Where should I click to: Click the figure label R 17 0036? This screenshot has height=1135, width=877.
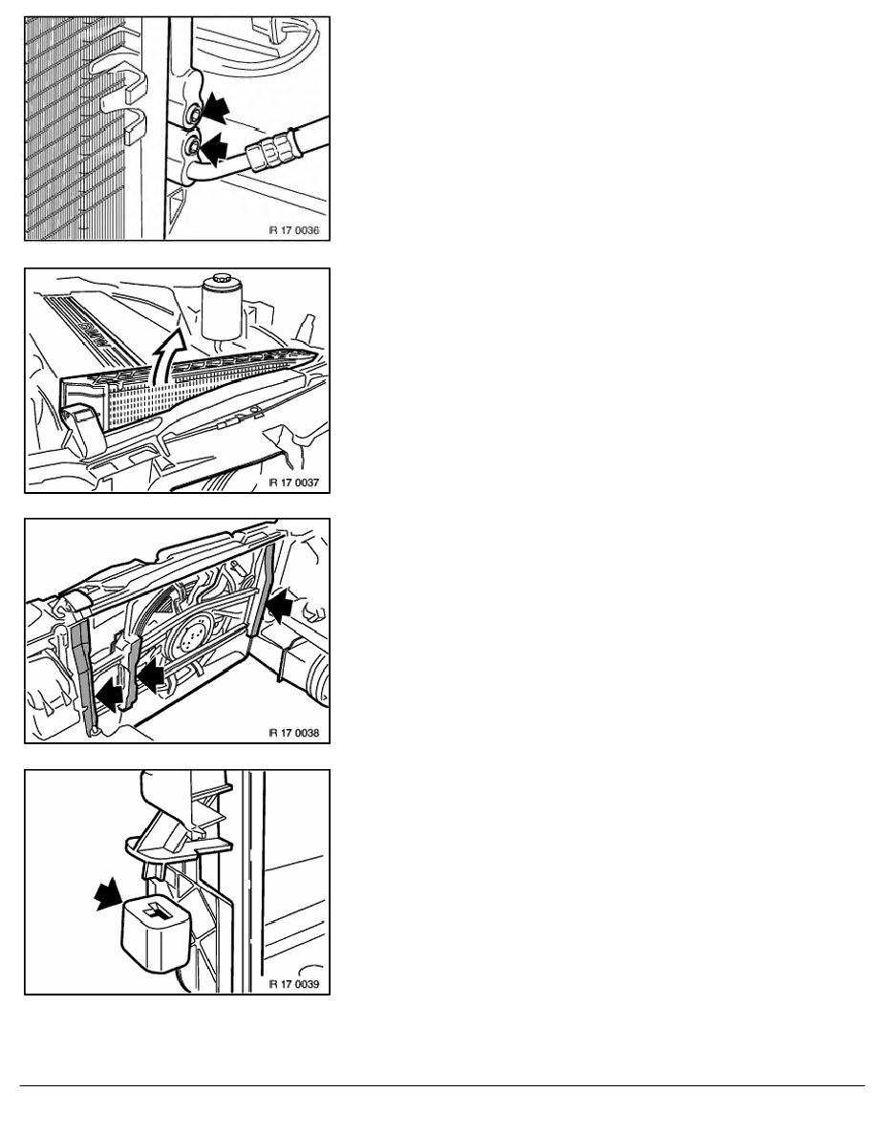tap(294, 231)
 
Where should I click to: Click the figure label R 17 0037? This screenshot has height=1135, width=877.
tap(294, 482)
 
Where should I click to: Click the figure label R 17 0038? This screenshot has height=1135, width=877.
tap(294, 733)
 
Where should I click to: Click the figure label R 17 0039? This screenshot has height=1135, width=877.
tap(294, 984)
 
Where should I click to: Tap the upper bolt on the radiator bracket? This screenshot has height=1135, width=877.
tap(193, 115)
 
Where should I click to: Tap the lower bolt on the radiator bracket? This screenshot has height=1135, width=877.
tap(192, 147)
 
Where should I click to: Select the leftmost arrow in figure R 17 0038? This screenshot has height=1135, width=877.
tap(109, 696)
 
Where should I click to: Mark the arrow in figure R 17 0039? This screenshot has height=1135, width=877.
tap(110, 894)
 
